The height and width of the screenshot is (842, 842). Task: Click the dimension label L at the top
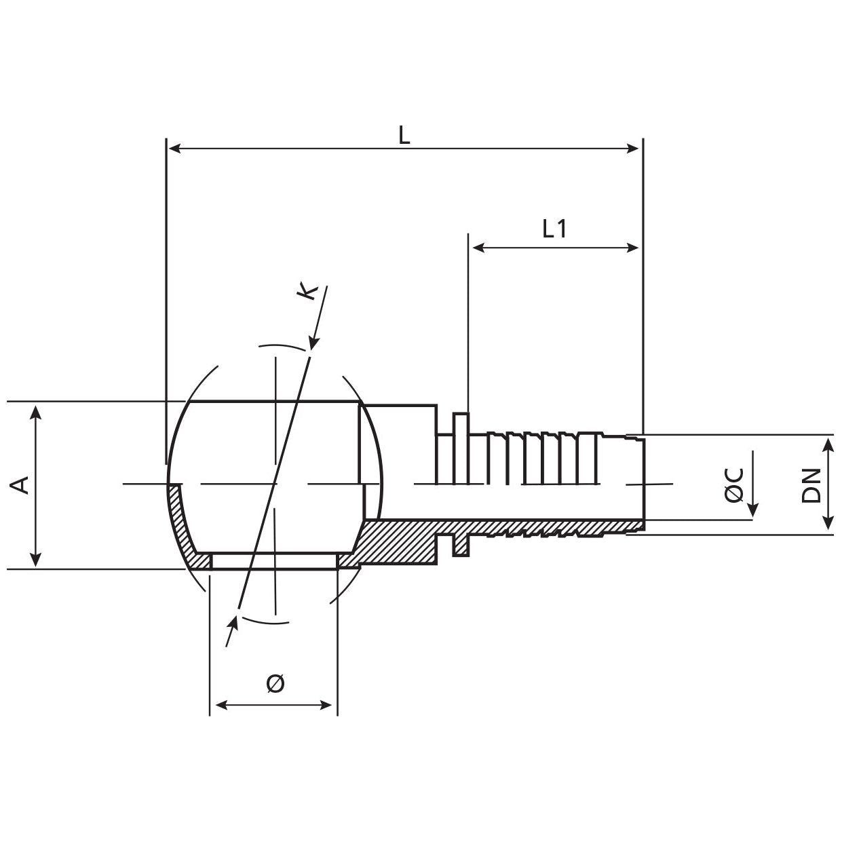point(404,135)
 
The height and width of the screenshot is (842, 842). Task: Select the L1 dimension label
point(554,229)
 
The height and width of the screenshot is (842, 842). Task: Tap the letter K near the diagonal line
point(308,292)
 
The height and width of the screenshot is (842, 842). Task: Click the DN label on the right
point(811,484)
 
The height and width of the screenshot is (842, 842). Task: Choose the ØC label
point(734,484)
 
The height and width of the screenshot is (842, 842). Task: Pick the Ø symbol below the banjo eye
point(275,683)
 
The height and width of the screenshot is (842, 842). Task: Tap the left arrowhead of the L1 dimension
point(477,248)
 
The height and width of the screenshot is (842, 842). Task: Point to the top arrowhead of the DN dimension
point(828,442)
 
